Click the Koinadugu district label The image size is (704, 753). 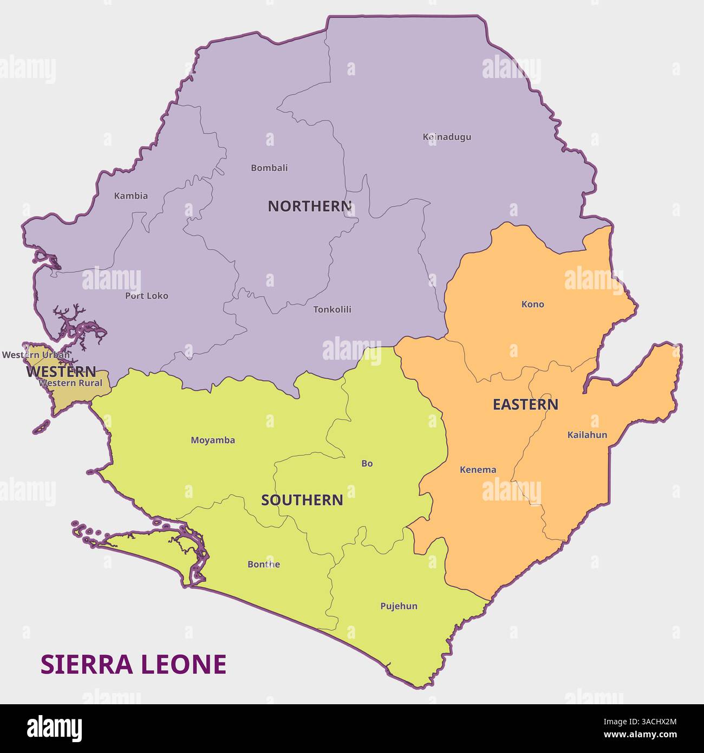coord(447,137)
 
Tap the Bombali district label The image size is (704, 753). coord(269,168)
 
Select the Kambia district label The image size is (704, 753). coord(131,196)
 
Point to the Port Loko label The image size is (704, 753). coord(146,296)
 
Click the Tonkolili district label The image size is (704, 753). coord(332,309)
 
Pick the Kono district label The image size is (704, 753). coord(532,304)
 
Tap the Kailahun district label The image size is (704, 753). coord(587,434)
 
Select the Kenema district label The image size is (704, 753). coord(478,470)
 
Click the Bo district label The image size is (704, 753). coord(367,463)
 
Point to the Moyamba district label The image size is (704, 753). coord(213,440)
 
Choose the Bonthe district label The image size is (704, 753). coord(264,564)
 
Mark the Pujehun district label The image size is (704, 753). coord(399,606)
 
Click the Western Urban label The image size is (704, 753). coord(36,355)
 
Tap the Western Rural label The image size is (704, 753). coord(71,383)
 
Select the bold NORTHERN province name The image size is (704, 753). coord(310,206)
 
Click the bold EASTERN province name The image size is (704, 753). coord(525,405)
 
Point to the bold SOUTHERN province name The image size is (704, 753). coord(302,500)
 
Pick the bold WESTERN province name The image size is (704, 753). coord(61,372)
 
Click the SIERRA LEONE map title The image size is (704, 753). coord(133,665)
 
